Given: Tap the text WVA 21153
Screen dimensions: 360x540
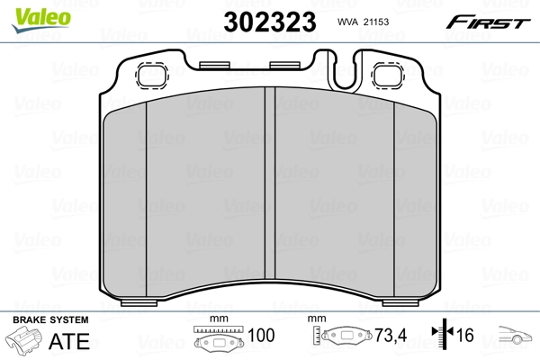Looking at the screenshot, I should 362,22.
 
